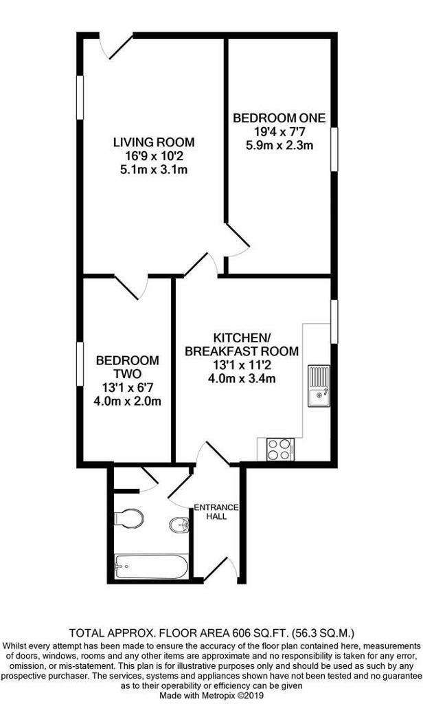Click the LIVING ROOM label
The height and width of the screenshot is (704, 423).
(x=154, y=142)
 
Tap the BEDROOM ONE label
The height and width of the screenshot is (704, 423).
(x=279, y=118)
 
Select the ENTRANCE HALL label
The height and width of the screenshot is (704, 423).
(x=216, y=511)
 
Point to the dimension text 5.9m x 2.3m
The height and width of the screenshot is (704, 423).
(x=279, y=146)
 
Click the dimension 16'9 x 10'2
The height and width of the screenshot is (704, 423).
(x=154, y=156)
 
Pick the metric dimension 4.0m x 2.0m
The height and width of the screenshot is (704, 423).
(x=127, y=401)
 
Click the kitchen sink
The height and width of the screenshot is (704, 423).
(x=319, y=386)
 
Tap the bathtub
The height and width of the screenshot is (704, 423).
(x=150, y=566)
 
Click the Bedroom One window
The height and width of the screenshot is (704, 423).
(x=334, y=149)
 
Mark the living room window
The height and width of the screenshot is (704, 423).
(x=80, y=98)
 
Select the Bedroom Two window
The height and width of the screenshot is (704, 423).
(x=80, y=364)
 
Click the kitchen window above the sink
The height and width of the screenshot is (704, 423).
(x=334, y=322)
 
